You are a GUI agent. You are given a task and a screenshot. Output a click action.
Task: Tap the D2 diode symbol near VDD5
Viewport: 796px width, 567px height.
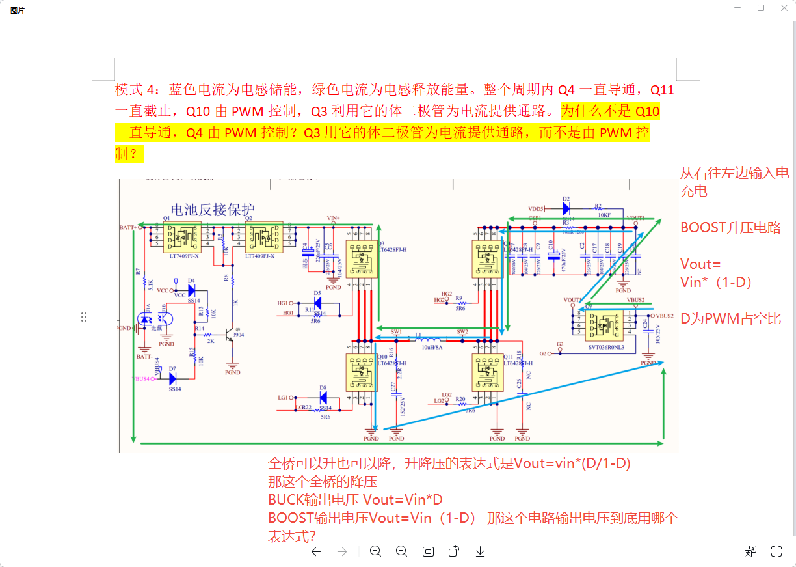coord(566,208)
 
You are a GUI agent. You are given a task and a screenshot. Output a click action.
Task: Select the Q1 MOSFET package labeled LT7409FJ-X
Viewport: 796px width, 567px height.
coord(183,237)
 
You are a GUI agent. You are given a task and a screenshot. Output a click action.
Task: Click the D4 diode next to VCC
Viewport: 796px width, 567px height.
coord(191,290)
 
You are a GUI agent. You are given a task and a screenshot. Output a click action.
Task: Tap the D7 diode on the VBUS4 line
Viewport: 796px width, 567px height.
coord(173,378)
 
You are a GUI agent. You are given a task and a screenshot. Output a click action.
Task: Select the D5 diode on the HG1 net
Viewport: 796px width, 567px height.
coord(317,303)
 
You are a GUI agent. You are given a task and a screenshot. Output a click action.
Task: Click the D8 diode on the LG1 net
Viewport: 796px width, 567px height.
coord(323,397)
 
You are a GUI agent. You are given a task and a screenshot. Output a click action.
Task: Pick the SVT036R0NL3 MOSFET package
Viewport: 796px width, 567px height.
coord(604,324)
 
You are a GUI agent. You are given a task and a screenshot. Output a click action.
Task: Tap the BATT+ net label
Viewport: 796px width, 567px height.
coord(128,228)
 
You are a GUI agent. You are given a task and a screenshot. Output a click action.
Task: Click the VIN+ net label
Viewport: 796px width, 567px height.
coord(334,218)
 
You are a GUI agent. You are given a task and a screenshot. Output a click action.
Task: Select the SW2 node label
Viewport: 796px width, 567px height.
coord(462,332)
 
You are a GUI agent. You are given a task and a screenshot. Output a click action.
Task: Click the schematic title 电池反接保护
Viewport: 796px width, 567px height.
coord(212,210)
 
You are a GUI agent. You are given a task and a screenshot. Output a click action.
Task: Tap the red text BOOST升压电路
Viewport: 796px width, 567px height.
coord(730,228)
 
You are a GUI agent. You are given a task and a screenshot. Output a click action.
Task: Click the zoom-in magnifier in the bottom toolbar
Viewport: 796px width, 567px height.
coord(402,551)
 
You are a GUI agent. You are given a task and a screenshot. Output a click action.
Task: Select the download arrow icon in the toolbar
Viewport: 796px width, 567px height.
coord(480,551)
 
